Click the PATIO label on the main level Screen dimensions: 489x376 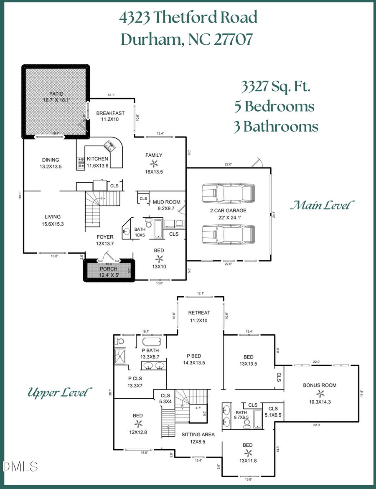coord(56,94)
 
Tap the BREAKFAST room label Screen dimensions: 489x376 coord(110,113)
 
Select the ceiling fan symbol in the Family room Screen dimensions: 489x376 coord(154,163)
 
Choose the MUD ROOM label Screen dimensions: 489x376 coord(166,202)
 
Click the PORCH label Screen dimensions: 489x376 coord(108,269)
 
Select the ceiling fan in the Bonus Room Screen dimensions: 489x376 coord(320,393)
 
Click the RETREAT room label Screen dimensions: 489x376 coord(199,313)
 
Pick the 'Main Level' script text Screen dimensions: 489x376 coord(323,206)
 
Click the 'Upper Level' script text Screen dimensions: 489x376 coord(59,393)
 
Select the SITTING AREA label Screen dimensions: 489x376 coord(198,435)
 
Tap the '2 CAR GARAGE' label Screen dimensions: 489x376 coord(228,211)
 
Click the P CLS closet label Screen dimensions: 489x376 coord(136,378)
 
